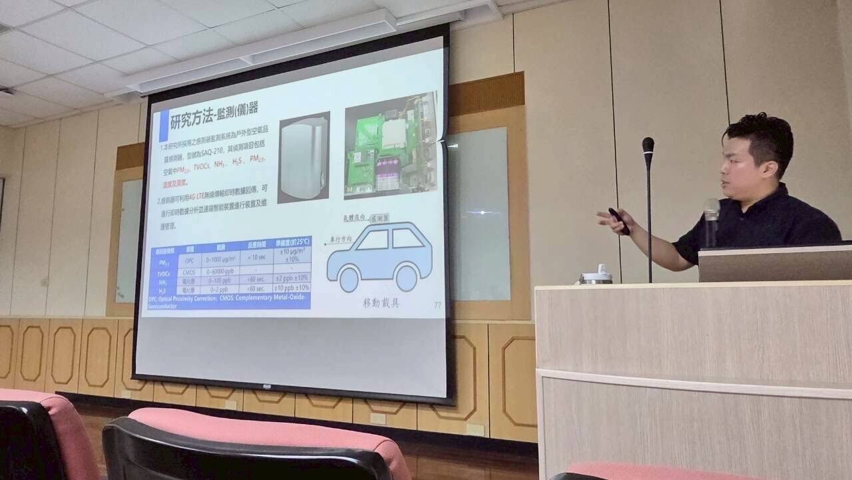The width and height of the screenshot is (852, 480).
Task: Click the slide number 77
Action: (x=437, y=305)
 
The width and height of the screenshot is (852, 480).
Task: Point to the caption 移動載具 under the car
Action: (x=381, y=304)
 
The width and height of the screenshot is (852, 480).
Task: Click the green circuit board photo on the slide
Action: (x=390, y=146)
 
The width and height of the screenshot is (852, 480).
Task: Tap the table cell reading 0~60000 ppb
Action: (x=214, y=272)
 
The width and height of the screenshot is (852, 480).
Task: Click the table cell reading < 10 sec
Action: (x=257, y=258)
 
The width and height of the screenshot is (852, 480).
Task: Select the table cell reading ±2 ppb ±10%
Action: (x=292, y=277)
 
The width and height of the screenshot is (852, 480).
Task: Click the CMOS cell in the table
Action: (x=188, y=272)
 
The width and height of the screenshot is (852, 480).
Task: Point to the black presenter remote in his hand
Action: (x=619, y=221)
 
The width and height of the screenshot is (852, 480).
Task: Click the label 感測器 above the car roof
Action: (x=380, y=217)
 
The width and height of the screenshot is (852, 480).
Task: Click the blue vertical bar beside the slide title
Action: (x=164, y=124)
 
